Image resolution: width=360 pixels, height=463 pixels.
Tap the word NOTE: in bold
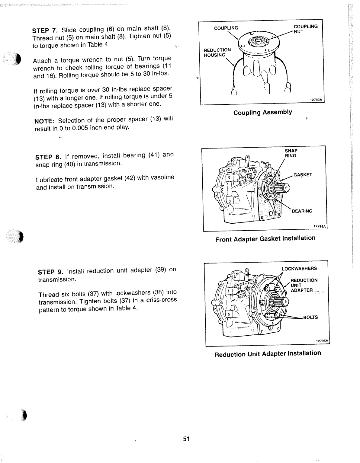pyautogui.click(x=44, y=121)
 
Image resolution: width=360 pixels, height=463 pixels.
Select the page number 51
pyautogui.click(x=186, y=439)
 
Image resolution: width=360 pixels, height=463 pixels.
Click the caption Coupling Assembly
pyautogui.click(x=262, y=113)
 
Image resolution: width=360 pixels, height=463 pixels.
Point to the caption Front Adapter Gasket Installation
pyautogui.click(x=265, y=239)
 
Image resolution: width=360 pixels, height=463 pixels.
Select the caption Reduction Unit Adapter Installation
pyautogui.click(x=268, y=353)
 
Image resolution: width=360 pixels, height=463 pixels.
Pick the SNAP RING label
pyautogui.click(x=291, y=153)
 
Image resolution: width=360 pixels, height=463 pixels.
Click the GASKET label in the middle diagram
pyautogui.click(x=303, y=175)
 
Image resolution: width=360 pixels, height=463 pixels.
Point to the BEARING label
pyautogui.click(x=302, y=211)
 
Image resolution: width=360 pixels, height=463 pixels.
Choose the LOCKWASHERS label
pyautogui.click(x=299, y=269)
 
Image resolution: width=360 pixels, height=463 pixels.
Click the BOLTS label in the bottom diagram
pyautogui.click(x=310, y=317)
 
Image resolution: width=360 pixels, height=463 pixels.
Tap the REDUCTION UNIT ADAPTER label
pyautogui.click(x=304, y=285)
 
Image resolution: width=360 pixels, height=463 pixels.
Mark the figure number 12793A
pyautogui.click(x=316, y=101)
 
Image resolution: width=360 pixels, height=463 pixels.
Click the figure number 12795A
pyautogui.click(x=322, y=341)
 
